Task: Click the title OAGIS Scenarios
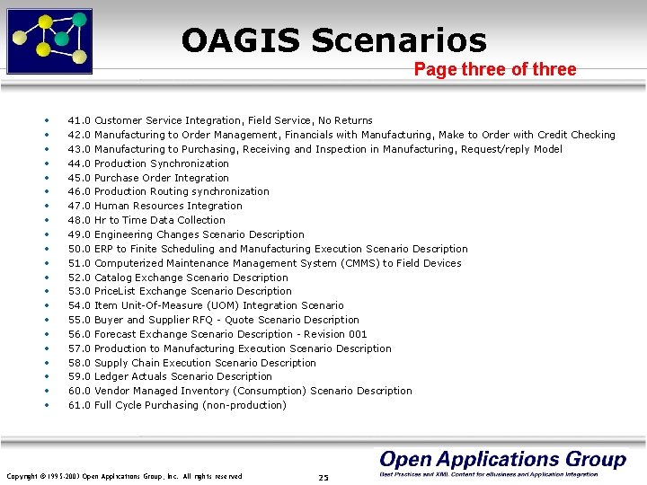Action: pyautogui.click(x=333, y=40)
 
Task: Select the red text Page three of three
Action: pyautogui.click(x=495, y=70)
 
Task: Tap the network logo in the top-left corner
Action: pyautogui.click(x=49, y=40)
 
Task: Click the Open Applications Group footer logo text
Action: pyautogui.click(x=501, y=460)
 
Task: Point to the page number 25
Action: pyautogui.click(x=323, y=477)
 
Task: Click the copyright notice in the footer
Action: pyautogui.click(x=124, y=476)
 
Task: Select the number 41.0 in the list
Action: pyautogui.click(x=79, y=120)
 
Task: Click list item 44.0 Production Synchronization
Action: pyautogui.click(x=148, y=163)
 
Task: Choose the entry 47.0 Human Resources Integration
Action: pyautogui.click(x=155, y=206)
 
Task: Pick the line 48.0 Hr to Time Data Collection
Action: pyautogui.click(x=146, y=220)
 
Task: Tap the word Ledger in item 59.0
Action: pyautogui.click(x=111, y=376)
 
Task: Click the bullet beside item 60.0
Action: pyautogui.click(x=45, y=391)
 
